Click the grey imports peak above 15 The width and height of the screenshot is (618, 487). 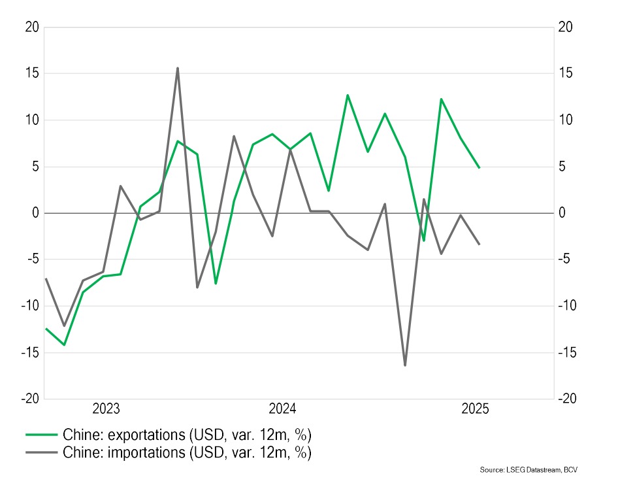(x=177, y=69)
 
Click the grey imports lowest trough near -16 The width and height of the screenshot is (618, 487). (x=405, y=365)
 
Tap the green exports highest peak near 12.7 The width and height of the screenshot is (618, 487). (x=348, y=95)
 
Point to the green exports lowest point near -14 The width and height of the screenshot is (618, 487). (x=64, y=344)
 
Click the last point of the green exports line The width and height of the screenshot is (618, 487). (x=480, y=167)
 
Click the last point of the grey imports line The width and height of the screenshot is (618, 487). (x=480, y=244)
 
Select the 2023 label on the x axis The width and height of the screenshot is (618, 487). (x=106, y=409)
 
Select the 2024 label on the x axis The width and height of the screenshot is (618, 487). (x=282, y=409)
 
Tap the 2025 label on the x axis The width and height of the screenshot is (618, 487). (x=475, y=409)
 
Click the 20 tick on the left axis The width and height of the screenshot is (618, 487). (x=32, y=27)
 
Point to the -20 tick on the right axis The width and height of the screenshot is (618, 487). (x=568, y=398)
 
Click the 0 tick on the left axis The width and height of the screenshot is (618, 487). (x=36, y=213)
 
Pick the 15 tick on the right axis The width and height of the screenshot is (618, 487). (x=566, y=73)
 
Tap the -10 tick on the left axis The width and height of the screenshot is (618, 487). (x=30, y=306)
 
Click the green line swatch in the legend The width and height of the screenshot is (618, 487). (x=41, y=435)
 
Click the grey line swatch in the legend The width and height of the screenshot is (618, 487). (x=41, y=452)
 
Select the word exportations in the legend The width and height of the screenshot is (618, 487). (x=146, y=435)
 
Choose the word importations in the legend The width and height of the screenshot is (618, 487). (x=146, y=452)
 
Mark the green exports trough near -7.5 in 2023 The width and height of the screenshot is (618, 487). (x=216, y=283)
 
